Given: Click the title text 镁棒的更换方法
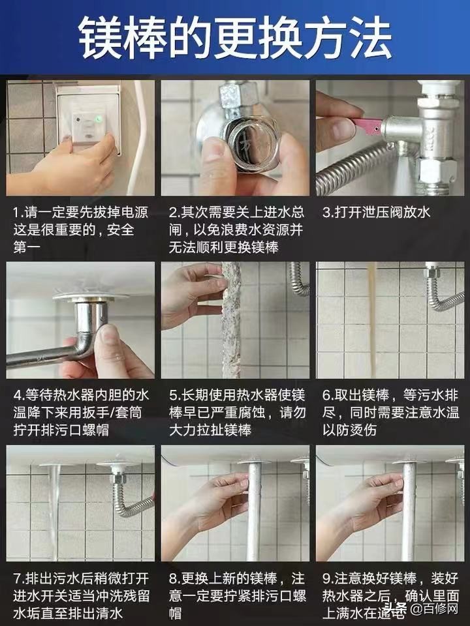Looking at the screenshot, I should [235, 38].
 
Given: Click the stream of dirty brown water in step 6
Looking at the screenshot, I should [373, 320].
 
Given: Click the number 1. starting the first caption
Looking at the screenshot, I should [18, 213].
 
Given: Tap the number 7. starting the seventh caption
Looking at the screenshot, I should [18, 578].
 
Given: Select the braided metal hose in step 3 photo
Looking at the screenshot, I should [352, 170].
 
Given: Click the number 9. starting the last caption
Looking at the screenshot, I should [328, 578].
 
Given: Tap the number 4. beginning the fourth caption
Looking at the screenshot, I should [18, 396].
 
